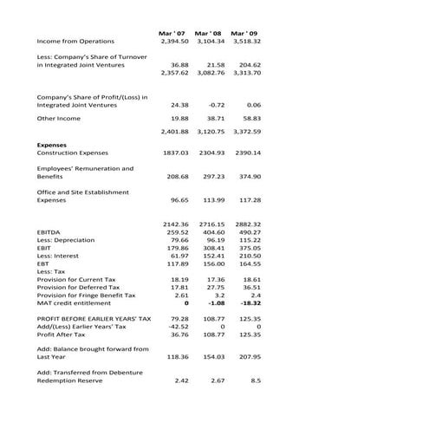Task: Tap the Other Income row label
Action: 57,117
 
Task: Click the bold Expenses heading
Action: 52,145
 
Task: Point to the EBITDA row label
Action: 50,232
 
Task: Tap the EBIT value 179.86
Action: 177,248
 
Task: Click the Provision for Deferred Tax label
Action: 78,287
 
